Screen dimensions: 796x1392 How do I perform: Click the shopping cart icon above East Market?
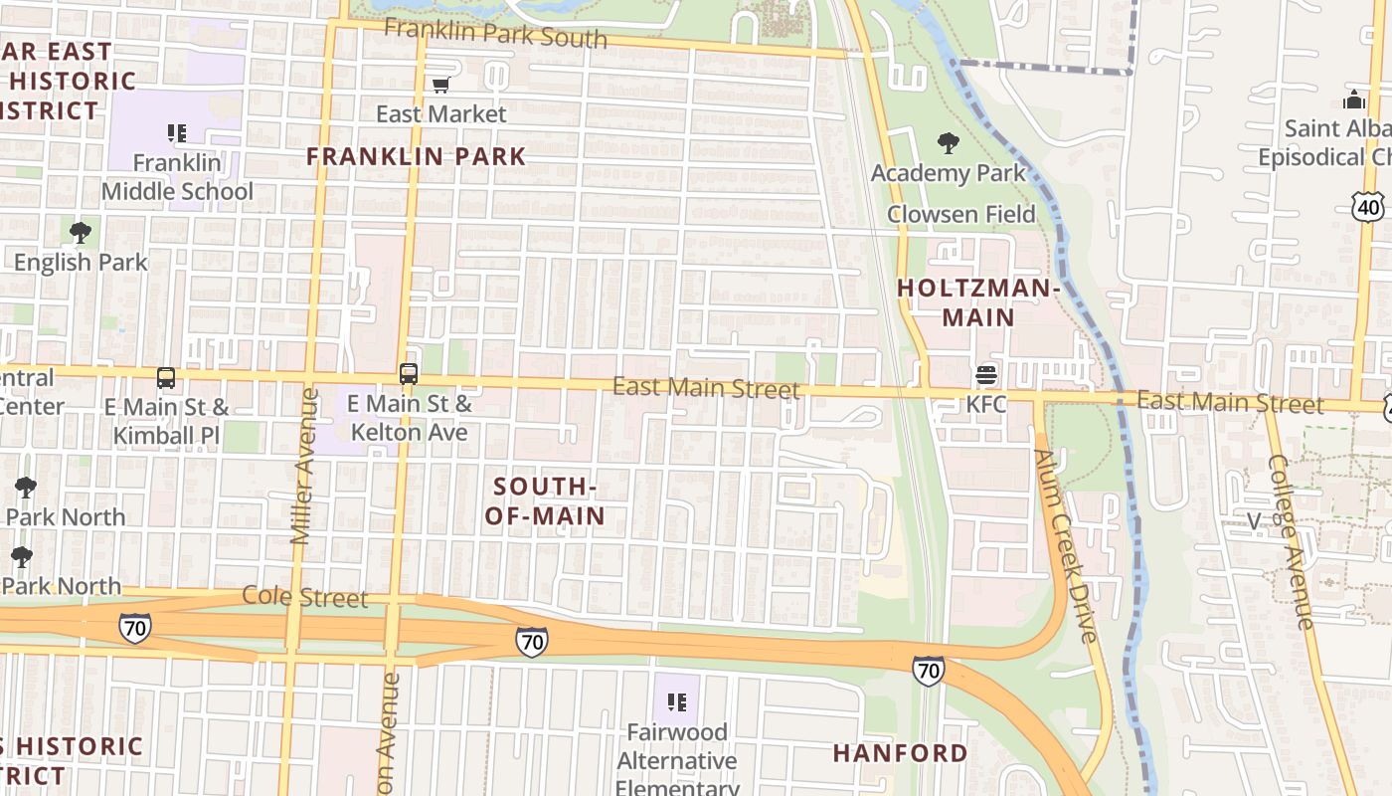(440, 85)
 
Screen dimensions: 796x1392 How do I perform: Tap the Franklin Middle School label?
(177, 177)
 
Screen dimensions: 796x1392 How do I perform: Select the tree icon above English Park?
(81, 233)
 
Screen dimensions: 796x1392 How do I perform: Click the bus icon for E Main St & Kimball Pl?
(166, 378)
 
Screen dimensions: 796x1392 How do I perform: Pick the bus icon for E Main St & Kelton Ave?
(409, 374)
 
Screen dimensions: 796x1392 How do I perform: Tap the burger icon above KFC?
(986, 375)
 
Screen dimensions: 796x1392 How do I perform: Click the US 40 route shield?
(1367, 206)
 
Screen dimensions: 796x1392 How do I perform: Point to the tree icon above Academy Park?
(949, 143)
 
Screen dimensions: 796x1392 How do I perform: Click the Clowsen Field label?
(960, 214)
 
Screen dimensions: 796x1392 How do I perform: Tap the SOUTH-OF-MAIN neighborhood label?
(545, 500)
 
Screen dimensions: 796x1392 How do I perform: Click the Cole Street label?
(305, 598)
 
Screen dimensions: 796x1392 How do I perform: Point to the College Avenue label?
(1292, 541)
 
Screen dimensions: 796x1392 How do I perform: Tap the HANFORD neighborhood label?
(900, 753)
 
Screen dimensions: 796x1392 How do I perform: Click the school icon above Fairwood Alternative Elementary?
(677, 702)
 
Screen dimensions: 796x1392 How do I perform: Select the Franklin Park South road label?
(495, 33)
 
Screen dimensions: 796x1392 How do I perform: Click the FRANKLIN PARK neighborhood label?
(416, 156)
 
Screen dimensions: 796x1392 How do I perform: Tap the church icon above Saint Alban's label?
(1354, 99)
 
